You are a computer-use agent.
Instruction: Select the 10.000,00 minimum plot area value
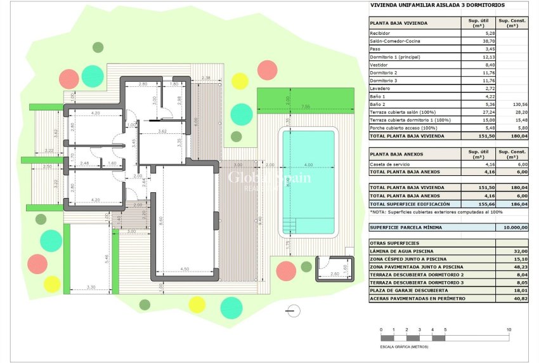click(x=515, y=227)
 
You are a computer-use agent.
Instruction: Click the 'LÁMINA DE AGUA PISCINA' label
click(x=399, y=251)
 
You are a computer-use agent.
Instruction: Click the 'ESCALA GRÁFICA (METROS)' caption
click(x=404, y=347)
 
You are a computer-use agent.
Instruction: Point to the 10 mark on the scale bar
click(x=509, y=331)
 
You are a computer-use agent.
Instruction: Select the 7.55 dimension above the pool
click(x=305, y=106)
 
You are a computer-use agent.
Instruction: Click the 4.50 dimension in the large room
click(x=185, y=268)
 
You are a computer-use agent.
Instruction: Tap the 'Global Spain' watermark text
click(x=269, y=178)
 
